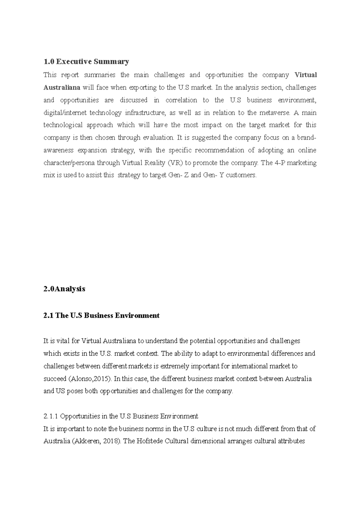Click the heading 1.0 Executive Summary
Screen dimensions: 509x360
[86, 62]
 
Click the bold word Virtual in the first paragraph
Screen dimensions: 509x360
[306, 75]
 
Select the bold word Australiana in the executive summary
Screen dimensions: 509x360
[62, 88]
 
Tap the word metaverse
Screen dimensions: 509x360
[274, 113]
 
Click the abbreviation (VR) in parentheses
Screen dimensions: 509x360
[175, 163]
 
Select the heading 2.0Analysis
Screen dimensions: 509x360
[64, 289]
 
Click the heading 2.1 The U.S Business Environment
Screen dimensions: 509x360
[101, 316]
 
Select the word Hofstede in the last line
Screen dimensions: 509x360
[149, 441]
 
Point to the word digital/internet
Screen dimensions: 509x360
[65, 113]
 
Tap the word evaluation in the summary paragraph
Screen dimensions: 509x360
[158, 138]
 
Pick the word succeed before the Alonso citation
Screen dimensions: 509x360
[55, 379]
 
